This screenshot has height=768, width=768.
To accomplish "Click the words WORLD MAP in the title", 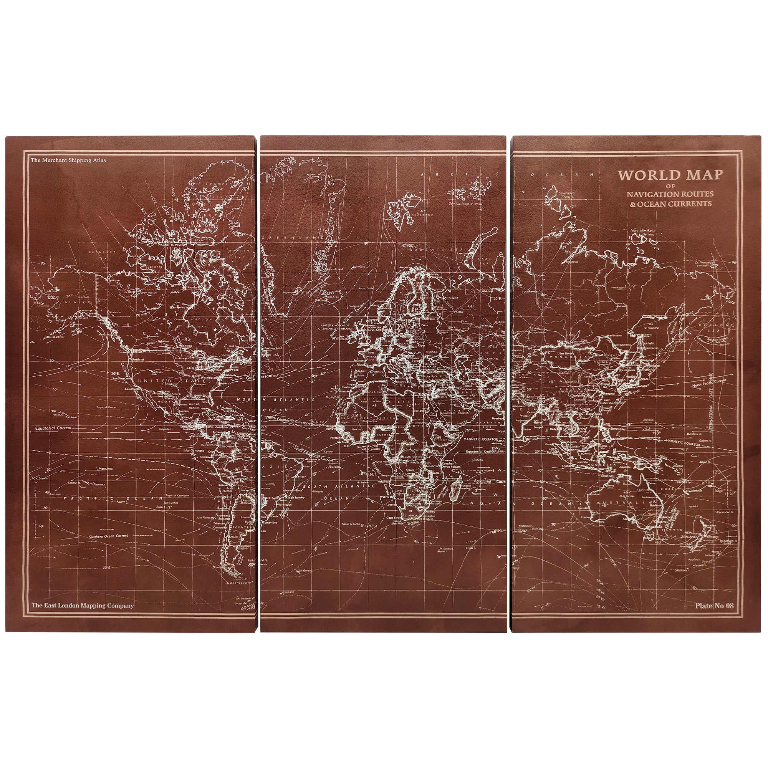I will coord(669,175).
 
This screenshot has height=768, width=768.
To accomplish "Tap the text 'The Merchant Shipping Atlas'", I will coord(69,161).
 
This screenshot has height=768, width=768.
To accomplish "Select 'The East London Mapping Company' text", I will coord(83,606).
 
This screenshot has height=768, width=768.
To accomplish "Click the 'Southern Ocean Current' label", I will coord(109,536).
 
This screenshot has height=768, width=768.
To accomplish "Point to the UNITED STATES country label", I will coord(171,381).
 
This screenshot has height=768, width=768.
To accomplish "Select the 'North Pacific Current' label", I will coord(708,384).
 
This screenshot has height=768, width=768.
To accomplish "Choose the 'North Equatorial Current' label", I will coord(289,419).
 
